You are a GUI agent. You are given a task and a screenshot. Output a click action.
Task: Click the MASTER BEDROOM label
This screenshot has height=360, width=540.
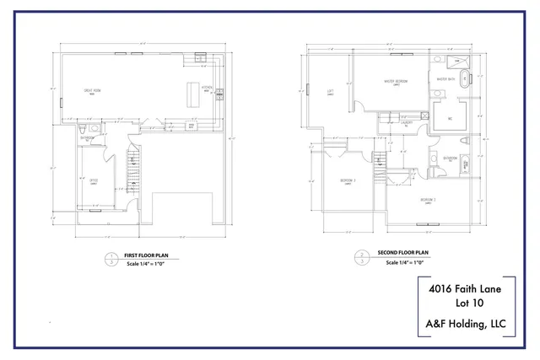click(395, 81)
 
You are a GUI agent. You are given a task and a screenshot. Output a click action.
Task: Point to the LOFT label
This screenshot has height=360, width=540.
click(331, 93)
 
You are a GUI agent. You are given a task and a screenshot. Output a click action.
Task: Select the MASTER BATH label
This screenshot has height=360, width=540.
click(445, 79)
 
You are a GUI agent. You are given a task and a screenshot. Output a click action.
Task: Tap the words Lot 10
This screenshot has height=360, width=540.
click(466, 304)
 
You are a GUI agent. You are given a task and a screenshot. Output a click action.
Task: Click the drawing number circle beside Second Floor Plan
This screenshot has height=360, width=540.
click(362, 257)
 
